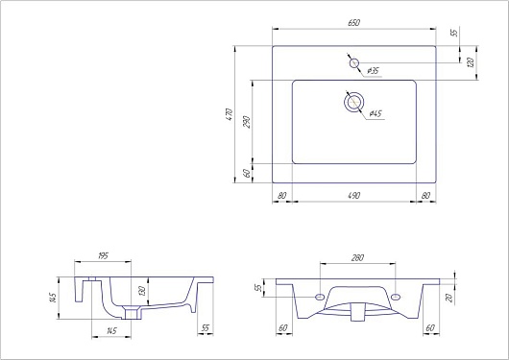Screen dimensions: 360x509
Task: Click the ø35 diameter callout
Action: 373,71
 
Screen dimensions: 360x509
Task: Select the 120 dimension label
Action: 471,62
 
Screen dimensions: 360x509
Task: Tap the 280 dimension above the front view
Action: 357,256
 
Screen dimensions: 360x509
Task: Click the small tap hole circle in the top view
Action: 354,63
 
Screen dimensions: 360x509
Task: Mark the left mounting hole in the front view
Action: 319,297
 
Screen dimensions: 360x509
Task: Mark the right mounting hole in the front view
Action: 395,297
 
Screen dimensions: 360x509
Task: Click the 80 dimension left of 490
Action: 282,196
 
